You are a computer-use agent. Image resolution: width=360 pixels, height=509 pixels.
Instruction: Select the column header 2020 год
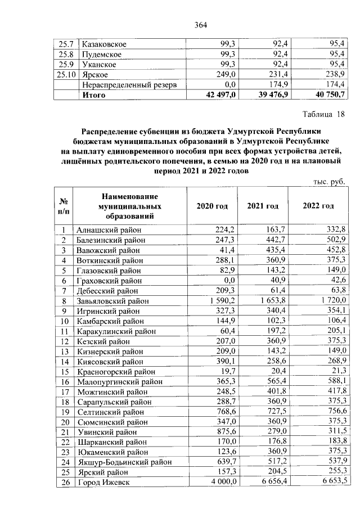212,206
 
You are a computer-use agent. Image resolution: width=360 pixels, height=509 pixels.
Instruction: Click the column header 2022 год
318,206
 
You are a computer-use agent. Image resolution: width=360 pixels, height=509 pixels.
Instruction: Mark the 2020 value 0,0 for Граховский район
228,281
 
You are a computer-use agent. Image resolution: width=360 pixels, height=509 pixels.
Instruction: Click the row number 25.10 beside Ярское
66,75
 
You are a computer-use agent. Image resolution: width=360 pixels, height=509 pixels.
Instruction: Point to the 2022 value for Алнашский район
336,229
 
